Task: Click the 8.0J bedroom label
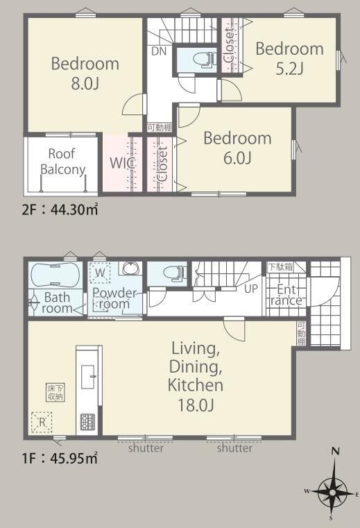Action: (85, 74)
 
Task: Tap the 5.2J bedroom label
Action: (290, 58)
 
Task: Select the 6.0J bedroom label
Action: (237, 148)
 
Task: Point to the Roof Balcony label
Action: (62, 161)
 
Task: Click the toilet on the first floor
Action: (174, 272)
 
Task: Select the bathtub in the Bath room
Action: (55, 275)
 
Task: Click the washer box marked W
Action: (100, 273)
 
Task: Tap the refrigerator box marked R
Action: (42, 422)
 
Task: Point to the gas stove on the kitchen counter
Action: (87, 422)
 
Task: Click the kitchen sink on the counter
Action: (89, 377)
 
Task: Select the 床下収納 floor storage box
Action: (55, 393)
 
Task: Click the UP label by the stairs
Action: (251, 288)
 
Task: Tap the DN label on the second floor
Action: (159, 51)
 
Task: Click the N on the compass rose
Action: (335, 451)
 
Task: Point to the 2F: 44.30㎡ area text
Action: (60, 210)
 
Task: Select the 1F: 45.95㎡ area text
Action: (60, 459)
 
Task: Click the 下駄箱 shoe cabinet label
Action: (280, 267)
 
